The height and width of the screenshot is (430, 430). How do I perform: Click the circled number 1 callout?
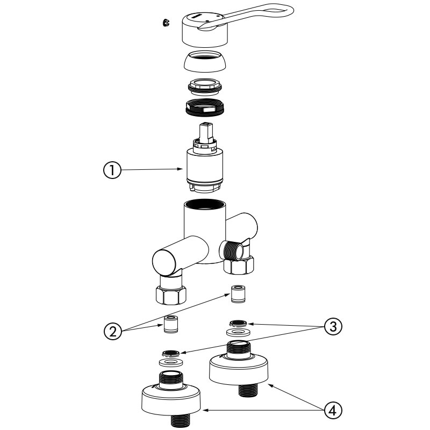(111, 170)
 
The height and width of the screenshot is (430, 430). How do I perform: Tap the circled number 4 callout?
(333, 411)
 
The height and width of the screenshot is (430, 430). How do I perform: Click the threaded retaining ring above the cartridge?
(205, 107)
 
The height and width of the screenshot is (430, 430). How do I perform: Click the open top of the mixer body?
(205, 205)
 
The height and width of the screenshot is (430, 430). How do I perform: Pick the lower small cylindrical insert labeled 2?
(171, 325)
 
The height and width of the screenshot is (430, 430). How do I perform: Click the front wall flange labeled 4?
(171, 398)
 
